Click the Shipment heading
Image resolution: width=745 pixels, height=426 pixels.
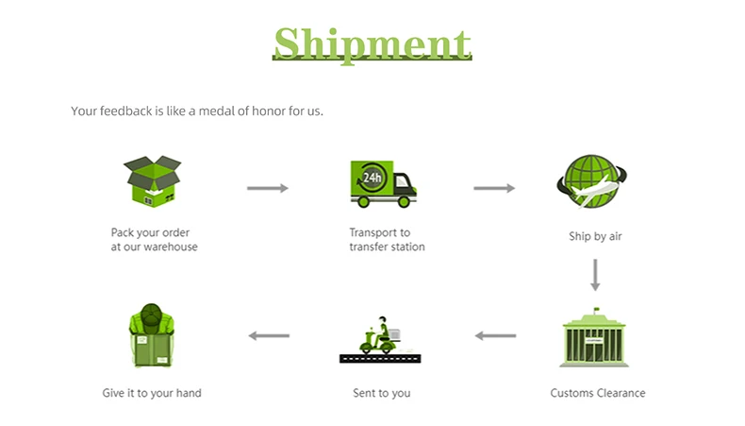[x=372, y=43]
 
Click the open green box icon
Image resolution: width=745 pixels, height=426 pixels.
[x=152, y=181]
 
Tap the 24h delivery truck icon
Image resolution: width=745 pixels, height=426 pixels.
[x=382, y=182]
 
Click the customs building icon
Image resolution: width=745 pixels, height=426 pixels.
[x=595, y=339]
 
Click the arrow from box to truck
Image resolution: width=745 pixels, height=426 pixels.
[x=268, y=188]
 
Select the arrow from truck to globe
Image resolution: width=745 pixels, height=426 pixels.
[x=494, y=188]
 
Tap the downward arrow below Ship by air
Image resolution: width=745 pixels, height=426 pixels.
[x=595, y=273]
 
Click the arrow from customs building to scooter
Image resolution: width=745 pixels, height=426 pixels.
[x=494, y=335]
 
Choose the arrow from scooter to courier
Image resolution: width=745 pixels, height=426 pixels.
[x=268, y=335]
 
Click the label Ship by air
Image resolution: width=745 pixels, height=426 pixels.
[x=595, y=236]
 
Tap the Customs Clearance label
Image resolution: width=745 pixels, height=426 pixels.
[x=597, y=393]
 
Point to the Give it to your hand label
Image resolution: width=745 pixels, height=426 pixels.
[x=152, y=393]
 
